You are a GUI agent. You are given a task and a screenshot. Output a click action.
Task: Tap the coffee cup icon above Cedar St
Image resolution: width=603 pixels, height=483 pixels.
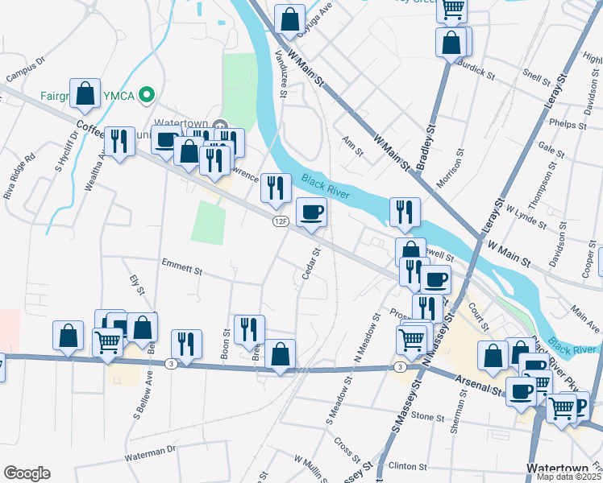(x=312, y=213)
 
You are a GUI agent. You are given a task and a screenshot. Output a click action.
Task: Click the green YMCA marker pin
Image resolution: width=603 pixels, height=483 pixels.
(x=146, y=95)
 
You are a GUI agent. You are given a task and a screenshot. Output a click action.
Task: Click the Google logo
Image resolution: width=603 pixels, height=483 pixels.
(x=27, y=473)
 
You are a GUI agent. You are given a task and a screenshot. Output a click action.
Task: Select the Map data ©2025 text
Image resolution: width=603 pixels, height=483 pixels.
(x=569, y=477)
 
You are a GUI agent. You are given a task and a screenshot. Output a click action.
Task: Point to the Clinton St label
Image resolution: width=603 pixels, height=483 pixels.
(x=407, y=466)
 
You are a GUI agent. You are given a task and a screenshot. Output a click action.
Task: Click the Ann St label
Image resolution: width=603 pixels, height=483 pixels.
(x=351, y=142)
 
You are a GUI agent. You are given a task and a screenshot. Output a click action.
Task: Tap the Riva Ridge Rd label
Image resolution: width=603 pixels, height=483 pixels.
(x=20, y=179)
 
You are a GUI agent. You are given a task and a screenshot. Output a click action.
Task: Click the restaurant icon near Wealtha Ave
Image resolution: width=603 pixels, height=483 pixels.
(x=120, y=142)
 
